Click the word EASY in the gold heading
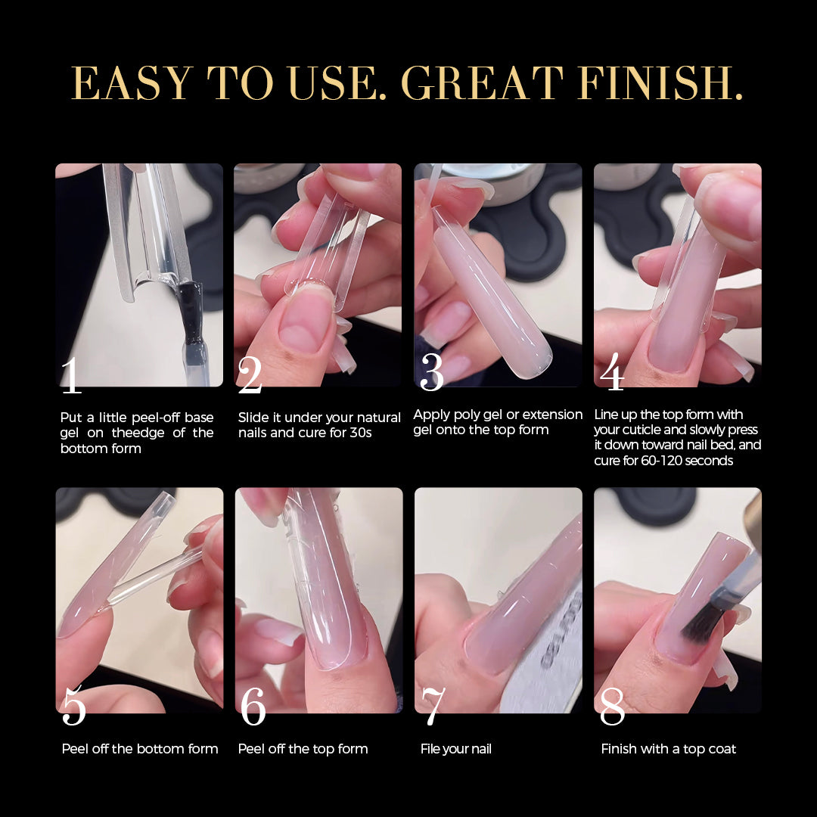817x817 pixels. tap(132, 83)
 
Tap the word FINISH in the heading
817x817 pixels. tap(660, 83)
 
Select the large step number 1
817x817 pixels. tap(71, 374)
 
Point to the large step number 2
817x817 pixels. tap(250, 374)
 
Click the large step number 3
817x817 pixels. tap(432, 372)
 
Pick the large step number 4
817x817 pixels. tap(612, 371)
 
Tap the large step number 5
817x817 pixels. tap(73, 706)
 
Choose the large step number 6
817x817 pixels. tap(253, 706)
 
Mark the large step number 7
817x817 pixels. tap(433, 706)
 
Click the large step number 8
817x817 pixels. tap(612, 706)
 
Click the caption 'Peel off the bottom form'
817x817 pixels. tap(140, 749)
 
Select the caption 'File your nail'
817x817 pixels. tap(456, 749)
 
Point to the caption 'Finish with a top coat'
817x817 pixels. tap(669, 749)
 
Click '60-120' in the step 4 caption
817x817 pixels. tap(662, 461)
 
